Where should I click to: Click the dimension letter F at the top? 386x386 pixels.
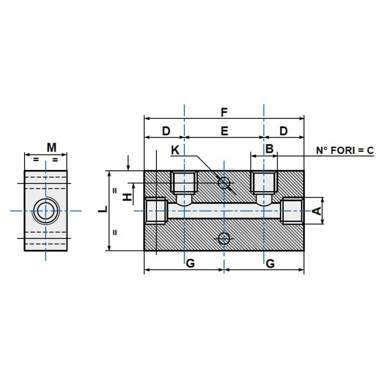(x=224, y=112)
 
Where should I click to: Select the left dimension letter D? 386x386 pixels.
(x=165, y=131)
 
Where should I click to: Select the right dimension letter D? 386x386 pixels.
(x=283, y=131)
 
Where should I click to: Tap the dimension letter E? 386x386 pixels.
(x=224, y=131)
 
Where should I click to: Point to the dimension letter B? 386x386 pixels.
(x=270, y=149)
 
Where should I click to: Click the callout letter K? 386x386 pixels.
(x=175, y=151)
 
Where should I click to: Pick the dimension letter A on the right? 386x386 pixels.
(x=317, y=211)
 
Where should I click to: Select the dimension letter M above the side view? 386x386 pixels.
(x=52, y=147)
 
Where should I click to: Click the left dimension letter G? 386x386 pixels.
(x=191, y=263)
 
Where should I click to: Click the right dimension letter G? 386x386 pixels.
(x=270, y=263)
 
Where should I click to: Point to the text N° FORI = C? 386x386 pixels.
(x=345, y=151)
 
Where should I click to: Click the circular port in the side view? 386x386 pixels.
(x=46, y=211)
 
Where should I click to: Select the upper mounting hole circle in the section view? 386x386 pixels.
(x=224, y=183)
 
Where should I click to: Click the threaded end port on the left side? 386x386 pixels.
(x=156, y=211)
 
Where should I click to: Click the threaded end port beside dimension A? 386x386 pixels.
(x=292, y=211)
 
